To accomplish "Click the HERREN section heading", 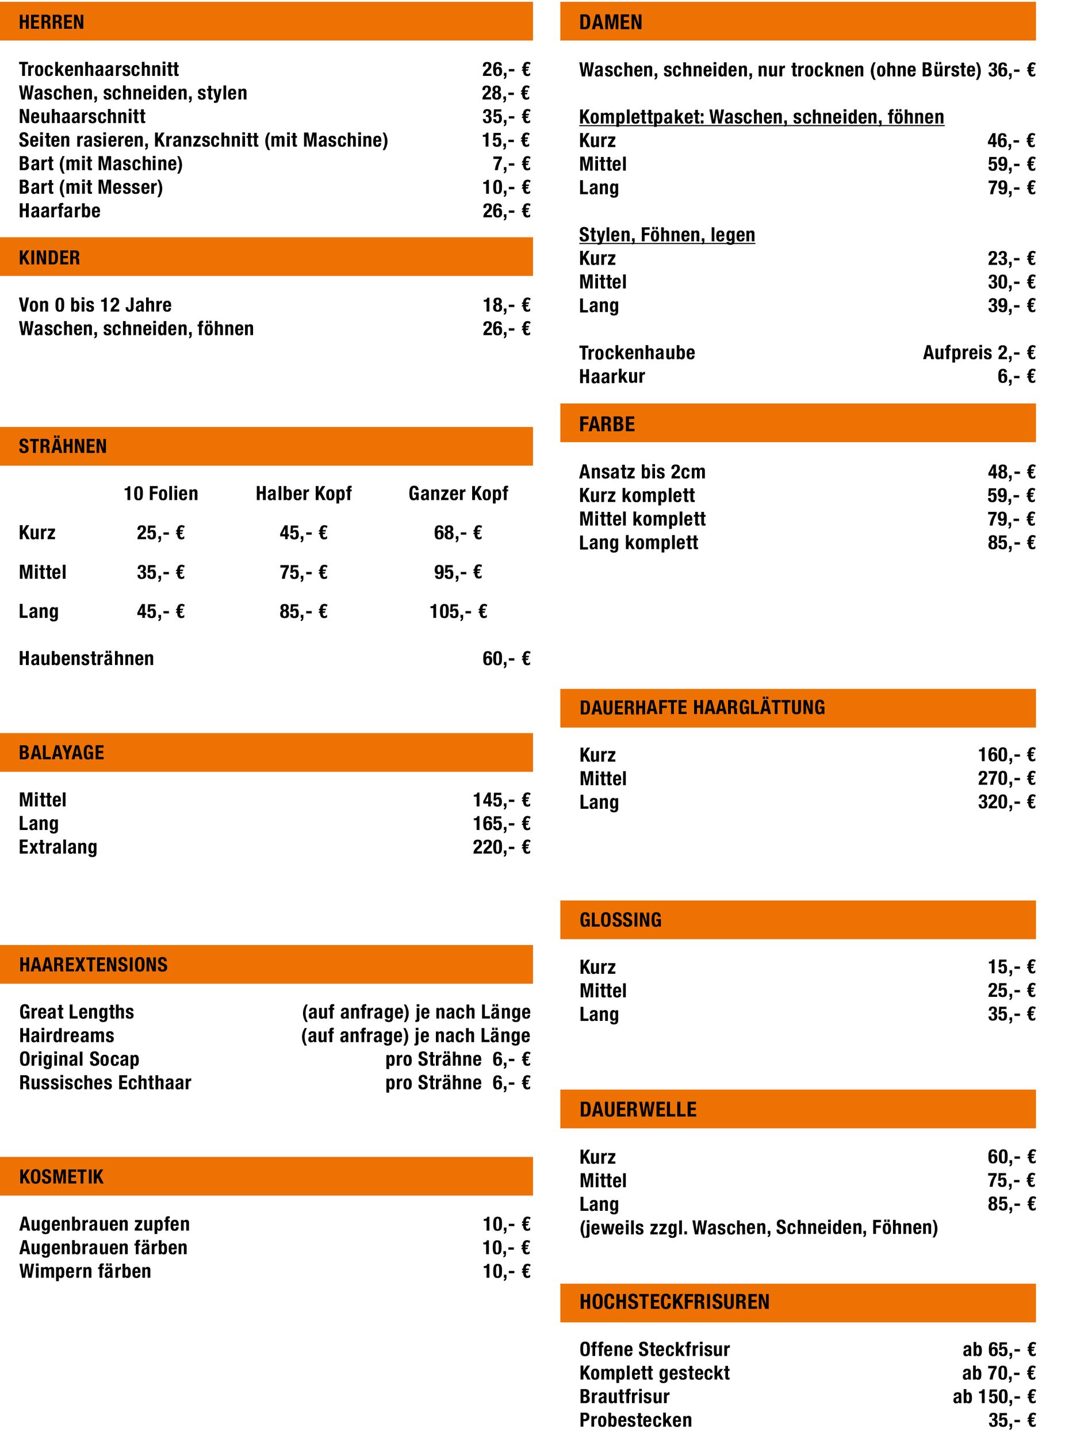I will (52, 22).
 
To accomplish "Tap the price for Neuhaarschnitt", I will (506, 117).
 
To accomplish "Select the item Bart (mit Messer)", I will (91, 188).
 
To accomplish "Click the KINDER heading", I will (49, 258).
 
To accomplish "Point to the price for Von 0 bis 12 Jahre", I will (506, 305).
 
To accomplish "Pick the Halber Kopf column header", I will (304, 494).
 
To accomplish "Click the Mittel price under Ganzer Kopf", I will (458, 572).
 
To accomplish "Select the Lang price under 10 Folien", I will (160, 611).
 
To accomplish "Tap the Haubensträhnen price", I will (506, 659).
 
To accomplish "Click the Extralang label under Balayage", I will (58, 847).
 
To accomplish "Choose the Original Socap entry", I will (79, 1060).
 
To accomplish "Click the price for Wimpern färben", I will (506, 1272).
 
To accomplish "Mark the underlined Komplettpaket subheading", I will (761, 117).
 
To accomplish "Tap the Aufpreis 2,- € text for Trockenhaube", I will (979, 353).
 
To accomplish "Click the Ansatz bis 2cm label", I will (642, 472).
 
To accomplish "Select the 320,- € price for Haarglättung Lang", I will (1006, 802).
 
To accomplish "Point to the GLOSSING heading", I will (620, 920).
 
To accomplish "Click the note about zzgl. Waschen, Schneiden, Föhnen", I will (758, 1228).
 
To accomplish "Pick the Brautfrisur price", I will (994, 1397).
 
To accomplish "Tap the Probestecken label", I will (635, 1420).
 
